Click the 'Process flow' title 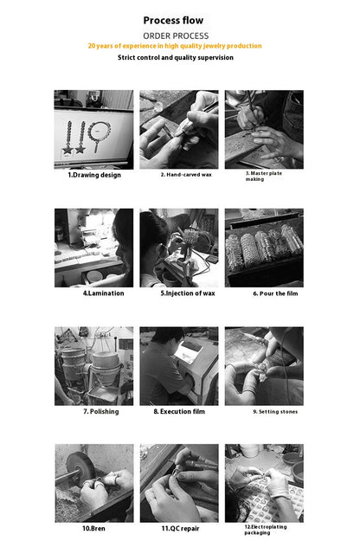[x=173, y=21]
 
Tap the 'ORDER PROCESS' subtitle [x=176, y=36]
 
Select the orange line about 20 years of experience [x=175, y=46]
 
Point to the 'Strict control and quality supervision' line [x=176, y=58]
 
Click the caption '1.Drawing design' [x=94, y=175]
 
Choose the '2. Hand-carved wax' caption [x=186, y=175]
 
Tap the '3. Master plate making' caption [x=264, y=177]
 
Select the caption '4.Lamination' [x=103, y=293]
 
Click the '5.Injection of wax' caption [x=188, y=293]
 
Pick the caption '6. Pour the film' [x=275, y=293]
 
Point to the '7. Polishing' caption [x=101, y=412]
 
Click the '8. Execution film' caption [x=179, y=412]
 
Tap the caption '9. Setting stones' [x=275, y=412]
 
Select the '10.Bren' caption [x=93, y=529]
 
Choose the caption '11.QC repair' [x=180, y=529]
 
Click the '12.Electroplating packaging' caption [x=266, y=530]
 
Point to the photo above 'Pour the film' [x=264, y=248]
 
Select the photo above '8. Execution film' [x=179, y=366]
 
